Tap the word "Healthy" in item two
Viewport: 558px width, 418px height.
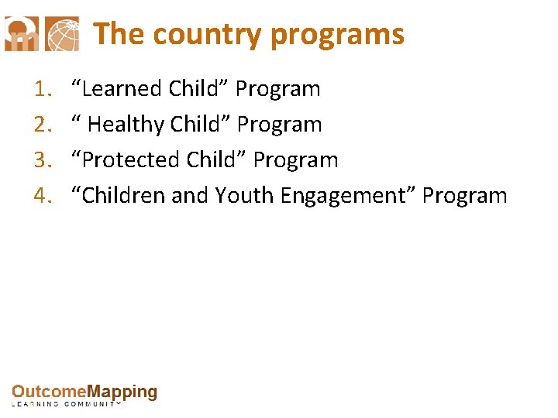click(x=126, y=125)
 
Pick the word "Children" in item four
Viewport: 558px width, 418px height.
click(x=122, y=196)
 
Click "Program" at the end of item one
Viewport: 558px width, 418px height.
click(x=277, y=89)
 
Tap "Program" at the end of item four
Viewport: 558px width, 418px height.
click(x=465, y=196)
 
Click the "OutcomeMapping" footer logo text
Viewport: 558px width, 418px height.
click(x=84, y=392)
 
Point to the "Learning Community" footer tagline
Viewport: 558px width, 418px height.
click(x=67, y=404)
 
